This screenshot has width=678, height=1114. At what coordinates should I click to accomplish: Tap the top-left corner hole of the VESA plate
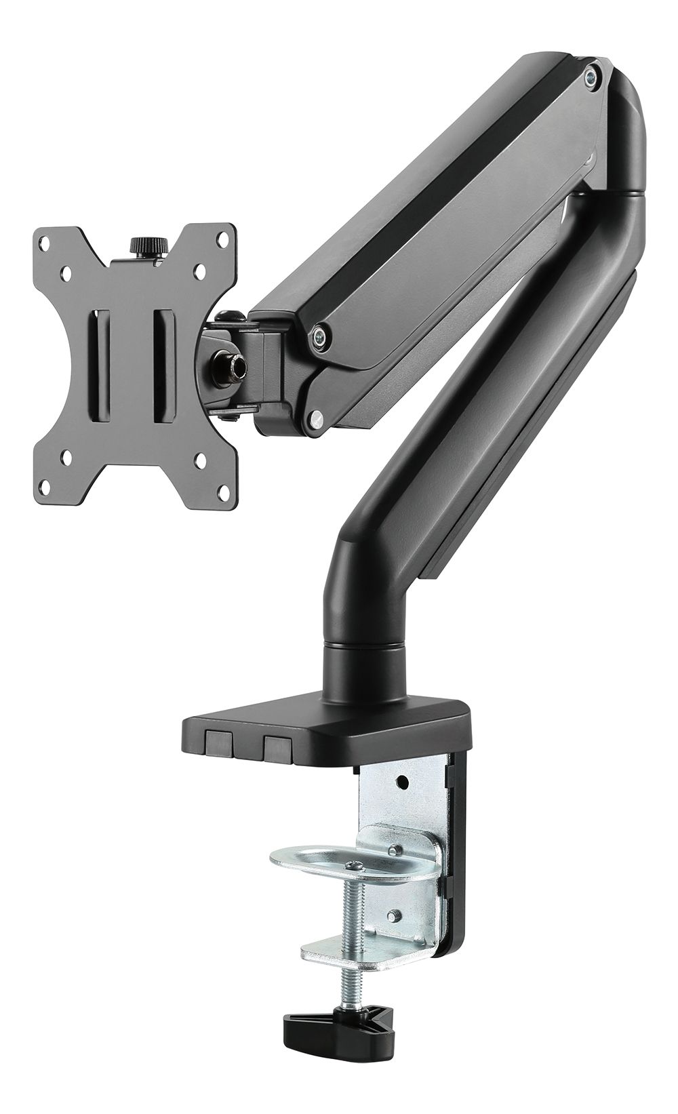(45, 241)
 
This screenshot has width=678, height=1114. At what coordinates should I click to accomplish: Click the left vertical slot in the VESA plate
(100, 370)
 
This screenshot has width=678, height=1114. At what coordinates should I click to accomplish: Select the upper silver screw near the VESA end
(317, 333)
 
